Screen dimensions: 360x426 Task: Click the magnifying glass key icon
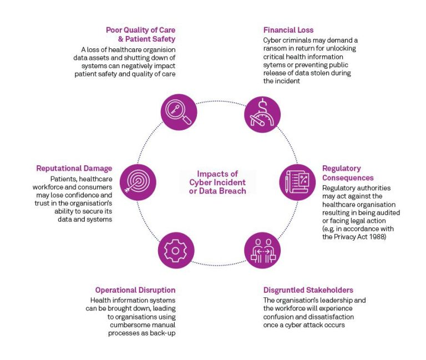coord(179,112)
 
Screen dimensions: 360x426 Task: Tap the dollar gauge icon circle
coord(263,113)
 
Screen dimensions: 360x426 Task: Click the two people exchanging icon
coord(262,250)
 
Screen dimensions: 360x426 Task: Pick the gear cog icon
coord(176,250)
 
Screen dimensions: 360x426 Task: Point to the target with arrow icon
coord(138,182)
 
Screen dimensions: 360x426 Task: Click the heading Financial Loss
coord(288,30)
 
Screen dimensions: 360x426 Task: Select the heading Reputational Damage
coord(74,169)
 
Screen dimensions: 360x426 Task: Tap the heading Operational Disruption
coord(135,290)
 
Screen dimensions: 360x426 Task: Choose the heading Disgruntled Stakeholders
coord(308,290)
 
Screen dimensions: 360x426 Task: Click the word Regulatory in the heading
coord(341,169)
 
